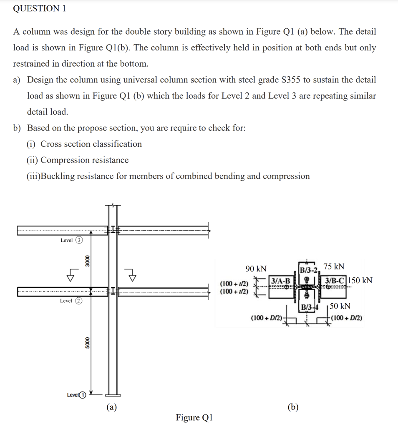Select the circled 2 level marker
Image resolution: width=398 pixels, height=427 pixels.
click(78, 301)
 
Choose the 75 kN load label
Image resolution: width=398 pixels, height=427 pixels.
click(334, 266)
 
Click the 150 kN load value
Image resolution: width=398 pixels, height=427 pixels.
click(360, 280)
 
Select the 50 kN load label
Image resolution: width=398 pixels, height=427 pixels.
click(340, 306)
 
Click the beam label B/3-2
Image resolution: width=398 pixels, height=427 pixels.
click(308, 269)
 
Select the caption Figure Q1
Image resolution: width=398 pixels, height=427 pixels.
click(194, 417)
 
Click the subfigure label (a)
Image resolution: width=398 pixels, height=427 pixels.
click(111, 407)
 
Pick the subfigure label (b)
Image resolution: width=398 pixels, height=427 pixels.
click(293, 407)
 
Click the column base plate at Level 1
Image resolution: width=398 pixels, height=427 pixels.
click(112, 395)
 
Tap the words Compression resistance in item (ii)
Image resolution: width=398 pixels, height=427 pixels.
click(85, 160)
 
